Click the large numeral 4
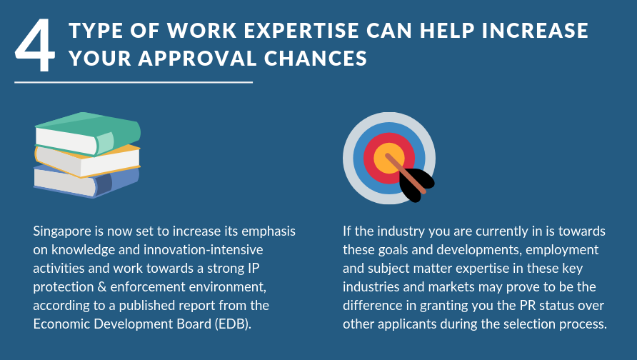pos(35,46)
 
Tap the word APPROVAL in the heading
pos(197,58)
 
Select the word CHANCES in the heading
pos(315,58)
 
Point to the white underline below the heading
pos(134,82)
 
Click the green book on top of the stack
pos(88,134)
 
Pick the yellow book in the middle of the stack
pos(87,161)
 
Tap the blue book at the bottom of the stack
pos(86,181)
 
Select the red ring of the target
pos(369,159)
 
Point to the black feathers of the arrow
pos(416,184)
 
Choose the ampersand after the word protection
pos(102,287)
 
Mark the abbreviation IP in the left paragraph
pos(253,268)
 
